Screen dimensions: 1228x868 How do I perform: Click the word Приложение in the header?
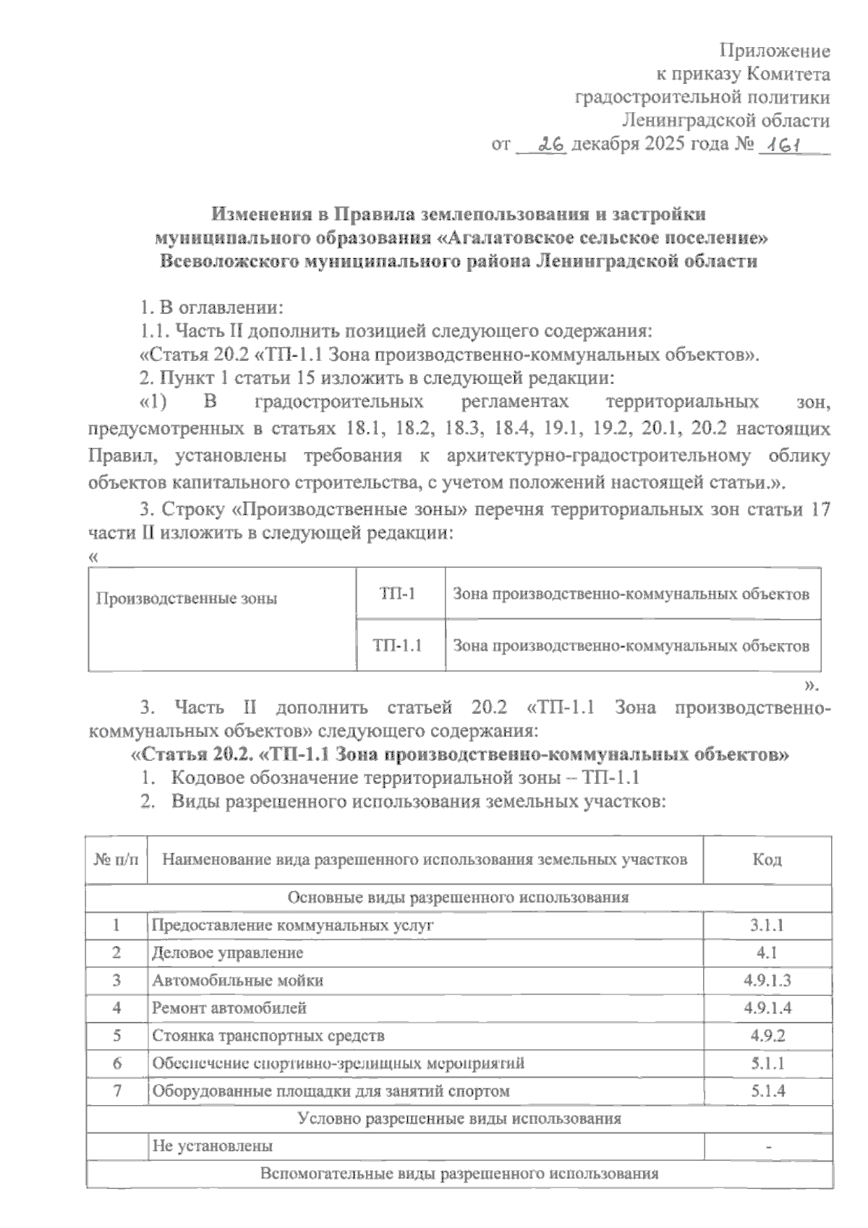[x=774, y=51]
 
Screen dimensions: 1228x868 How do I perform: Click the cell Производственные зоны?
[x=187, y=599]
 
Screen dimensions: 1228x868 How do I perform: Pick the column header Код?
[x=767, y=859]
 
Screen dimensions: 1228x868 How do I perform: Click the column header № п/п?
[x=116, y=859]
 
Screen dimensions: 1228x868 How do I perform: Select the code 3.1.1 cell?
[x=767, y=926]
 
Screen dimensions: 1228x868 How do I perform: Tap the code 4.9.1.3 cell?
[x=767, y=981]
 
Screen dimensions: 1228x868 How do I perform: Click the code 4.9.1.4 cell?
[x=767, y=1007]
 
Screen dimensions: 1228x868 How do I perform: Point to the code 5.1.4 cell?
[x=767, y=1091]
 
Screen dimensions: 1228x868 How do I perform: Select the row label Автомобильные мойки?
[x=238, y=981]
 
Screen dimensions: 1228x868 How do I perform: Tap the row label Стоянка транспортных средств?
[x=268, y=1036]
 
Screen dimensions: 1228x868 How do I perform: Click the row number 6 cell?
[x=116, y=1063]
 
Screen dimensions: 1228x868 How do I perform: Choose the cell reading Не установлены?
[x=212, y=1146]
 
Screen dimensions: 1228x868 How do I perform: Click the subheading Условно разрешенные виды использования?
[x=459, y=1118]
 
